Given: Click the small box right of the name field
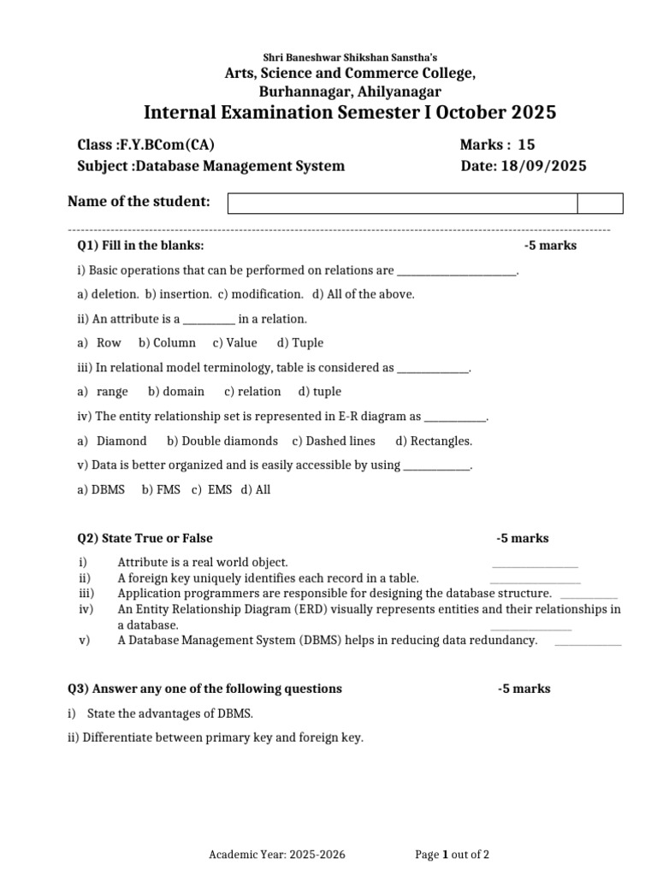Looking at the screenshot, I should (600, 203).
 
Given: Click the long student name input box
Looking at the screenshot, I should (402, 203).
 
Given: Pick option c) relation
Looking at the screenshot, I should (252, 391).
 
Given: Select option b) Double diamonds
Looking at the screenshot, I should (222, 441).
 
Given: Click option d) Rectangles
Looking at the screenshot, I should (434, 441).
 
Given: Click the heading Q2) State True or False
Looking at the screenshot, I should (145, 538).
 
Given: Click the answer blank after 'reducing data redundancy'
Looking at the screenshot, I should (588, 643).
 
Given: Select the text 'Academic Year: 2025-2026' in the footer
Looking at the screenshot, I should (278, 854).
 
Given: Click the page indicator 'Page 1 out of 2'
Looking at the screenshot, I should (452, 854).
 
